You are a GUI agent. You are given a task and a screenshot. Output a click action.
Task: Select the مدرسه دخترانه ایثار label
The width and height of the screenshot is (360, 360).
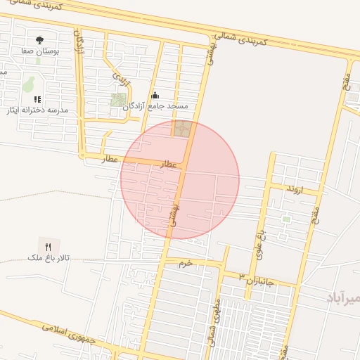point(44,110)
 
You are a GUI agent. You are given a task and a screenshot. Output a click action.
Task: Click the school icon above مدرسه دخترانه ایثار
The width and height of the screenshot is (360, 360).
point(38,99)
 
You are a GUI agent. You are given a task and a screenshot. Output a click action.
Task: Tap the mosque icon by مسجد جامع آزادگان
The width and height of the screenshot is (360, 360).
point(155,95)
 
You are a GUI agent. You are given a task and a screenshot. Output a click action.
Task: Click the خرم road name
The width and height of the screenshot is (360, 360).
point(186,263)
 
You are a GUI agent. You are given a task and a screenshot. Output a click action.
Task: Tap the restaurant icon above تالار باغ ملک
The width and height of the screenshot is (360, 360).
point(48,246)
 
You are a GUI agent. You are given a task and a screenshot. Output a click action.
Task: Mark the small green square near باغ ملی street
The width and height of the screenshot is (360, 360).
point(286,219)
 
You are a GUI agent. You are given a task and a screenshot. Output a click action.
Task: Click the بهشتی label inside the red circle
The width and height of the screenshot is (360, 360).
point(180,210)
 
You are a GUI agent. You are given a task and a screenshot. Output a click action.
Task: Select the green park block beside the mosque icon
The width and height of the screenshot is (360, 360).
point(119,100)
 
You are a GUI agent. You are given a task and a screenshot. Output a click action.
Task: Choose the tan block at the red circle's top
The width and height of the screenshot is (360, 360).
point(182,129)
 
